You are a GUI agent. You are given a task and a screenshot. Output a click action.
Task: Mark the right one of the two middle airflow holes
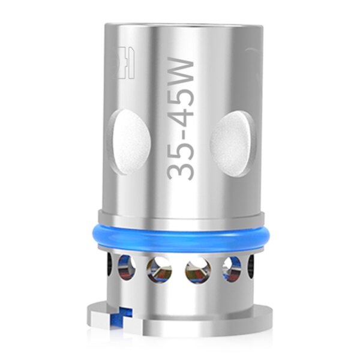[197, 271]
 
